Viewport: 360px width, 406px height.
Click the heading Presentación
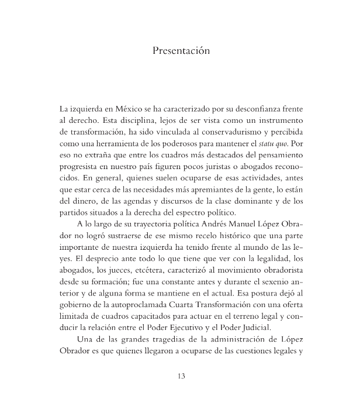click(180, 51)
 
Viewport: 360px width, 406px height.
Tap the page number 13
click(181, 376)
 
